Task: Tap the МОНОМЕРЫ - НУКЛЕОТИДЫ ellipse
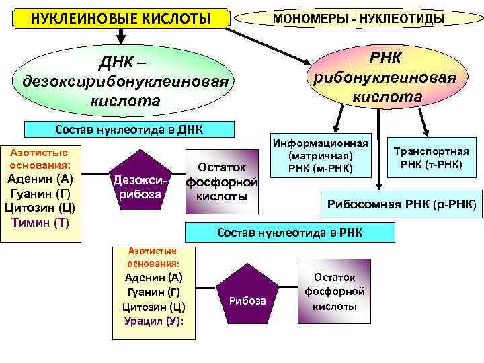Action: coord(358,18)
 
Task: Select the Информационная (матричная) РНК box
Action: coord(320,155)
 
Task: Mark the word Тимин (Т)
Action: coord(40,222)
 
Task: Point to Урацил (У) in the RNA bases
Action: coord(154,321)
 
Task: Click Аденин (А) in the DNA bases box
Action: coord(40,179)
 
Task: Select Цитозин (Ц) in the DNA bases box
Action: coord(40,207)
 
